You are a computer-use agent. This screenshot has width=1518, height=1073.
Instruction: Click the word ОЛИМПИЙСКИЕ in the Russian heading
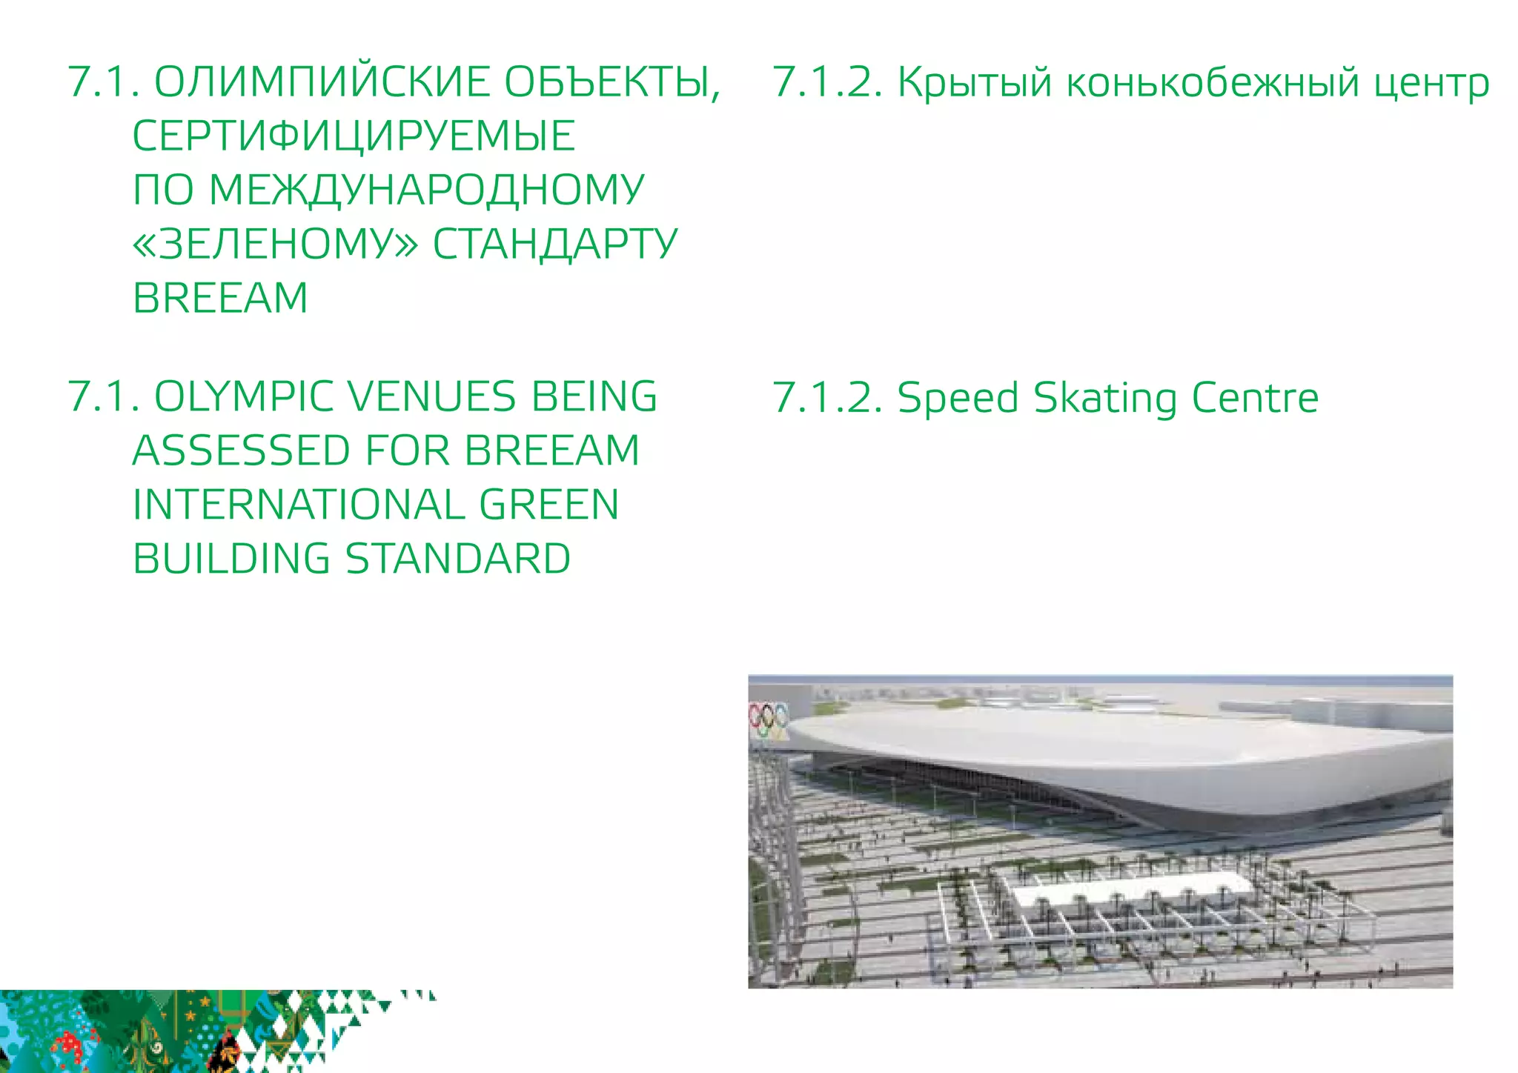[322, 82]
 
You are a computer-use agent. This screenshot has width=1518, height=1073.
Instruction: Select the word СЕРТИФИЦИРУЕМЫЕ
[354, 136]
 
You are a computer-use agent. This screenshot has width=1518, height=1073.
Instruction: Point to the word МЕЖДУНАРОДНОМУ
[427, 190]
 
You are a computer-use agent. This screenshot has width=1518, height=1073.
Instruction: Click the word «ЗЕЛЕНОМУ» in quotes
[275, 244]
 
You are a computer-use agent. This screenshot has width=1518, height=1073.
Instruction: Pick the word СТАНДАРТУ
[555, 244]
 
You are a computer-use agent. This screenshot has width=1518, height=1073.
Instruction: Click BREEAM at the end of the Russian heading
[220, 298]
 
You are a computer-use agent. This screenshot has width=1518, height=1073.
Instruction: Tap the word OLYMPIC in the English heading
[245, 396]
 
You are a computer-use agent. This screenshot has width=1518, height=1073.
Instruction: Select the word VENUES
[432, 396]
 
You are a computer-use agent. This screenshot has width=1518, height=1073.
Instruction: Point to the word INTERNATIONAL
[298, 505]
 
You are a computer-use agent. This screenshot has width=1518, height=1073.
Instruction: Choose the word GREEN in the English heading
[549, 505]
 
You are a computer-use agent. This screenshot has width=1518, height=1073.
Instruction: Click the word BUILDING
[231, 559]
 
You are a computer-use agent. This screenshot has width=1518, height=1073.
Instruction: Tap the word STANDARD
[458, 559]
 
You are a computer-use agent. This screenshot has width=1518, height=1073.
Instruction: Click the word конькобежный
[1213, 83]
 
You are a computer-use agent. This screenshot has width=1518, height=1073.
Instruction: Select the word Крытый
[975, 83]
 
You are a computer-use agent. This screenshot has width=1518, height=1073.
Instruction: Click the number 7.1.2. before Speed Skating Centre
[828, 398]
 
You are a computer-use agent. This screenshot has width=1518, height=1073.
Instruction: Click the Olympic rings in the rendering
[769, 716]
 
